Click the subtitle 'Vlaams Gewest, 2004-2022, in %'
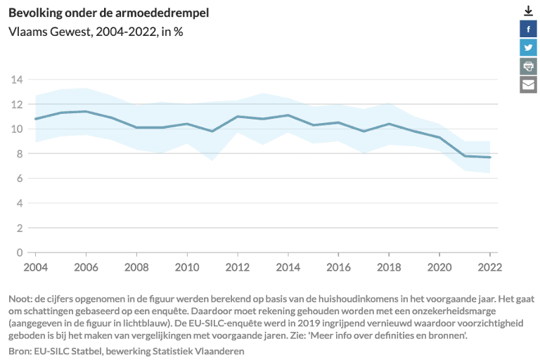pos(96,32)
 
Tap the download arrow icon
pos(528,11)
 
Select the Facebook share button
pos(528,29)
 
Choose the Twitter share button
pos(528,47)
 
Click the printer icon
pos(528,66)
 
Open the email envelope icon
pos(528,84)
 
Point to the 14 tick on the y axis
pos(17,79)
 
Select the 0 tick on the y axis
pos(20,252)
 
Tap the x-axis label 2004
pos(35,267)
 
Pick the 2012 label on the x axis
pos(237,267)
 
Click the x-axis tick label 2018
pos(389,267)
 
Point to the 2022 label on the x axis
pos(489,267)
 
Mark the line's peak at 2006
pos(86,111)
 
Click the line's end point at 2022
pos(489,157)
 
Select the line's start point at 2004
pos(35,119)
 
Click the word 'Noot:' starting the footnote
pos(22,297)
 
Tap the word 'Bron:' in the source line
pos(21,350)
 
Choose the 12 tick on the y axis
pos(17,104)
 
